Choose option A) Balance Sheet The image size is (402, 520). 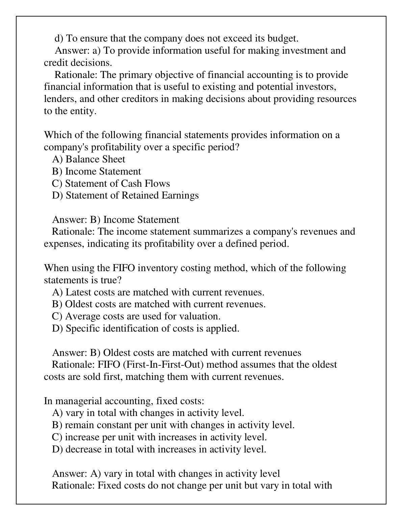89,159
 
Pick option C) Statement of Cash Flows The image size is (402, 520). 111,183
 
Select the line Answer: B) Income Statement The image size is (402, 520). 116,220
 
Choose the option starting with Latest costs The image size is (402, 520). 158,292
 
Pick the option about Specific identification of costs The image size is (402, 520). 146,329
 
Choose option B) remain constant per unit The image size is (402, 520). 173,425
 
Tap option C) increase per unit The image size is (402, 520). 159,437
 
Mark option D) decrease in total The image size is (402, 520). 159,449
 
